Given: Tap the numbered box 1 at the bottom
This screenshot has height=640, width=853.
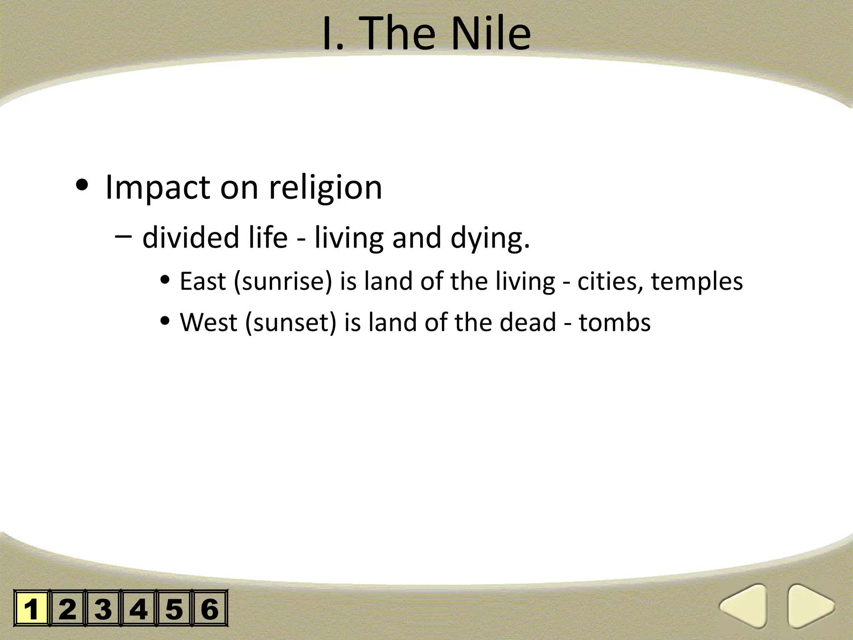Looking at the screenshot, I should [32, 608].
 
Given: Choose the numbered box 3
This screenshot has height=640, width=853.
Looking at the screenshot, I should [103, 608].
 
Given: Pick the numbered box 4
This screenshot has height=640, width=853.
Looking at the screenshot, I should [138, 608].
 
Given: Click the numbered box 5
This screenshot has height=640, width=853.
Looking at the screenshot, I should [174, 608].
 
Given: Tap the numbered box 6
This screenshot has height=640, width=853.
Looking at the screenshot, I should [210, 608].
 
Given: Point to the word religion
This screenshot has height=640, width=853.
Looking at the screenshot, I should [325, 188].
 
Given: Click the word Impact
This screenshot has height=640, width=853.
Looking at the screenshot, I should [158, 188].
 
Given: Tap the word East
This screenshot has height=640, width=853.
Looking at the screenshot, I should [203, 281].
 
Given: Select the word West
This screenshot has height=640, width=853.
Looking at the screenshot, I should [208, 322].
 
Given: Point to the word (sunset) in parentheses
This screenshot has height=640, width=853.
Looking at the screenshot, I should [290, 323].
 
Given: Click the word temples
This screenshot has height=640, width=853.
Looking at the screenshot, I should [697, 282].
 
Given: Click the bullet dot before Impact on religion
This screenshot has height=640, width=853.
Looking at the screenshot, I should [82, 186].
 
